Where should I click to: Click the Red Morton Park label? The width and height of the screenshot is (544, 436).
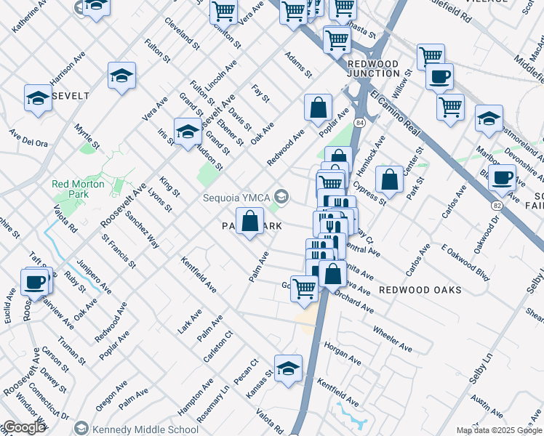pyautogui.click(x=79, y=189)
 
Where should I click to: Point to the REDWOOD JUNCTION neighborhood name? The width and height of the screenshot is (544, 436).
pyautogui.click(x=373, y=69)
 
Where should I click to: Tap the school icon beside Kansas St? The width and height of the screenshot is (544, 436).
pyautogui.click(x=288, y=366)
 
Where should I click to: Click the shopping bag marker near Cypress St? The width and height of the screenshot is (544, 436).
pyautogui.click(x=390, y=179)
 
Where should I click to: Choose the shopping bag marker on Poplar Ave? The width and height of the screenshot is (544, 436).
pyautogui.click(x=319, y=108)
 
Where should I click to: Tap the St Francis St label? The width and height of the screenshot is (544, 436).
pyautogui.click(x=119, y=250)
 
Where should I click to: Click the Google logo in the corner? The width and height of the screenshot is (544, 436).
pyautogui.click(x=24, y=427)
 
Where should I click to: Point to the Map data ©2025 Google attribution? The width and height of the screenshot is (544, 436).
pyautogui.click(x=499, y=430)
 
